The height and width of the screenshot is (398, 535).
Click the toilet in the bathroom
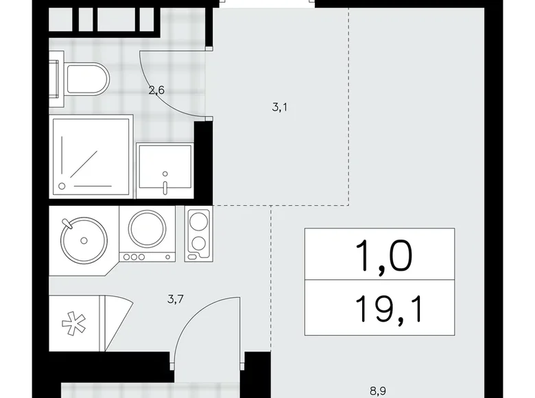tap(86, 81)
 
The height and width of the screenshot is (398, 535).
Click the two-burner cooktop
tap(198, 233)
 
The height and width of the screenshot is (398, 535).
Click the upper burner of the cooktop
tap(199, 222)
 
